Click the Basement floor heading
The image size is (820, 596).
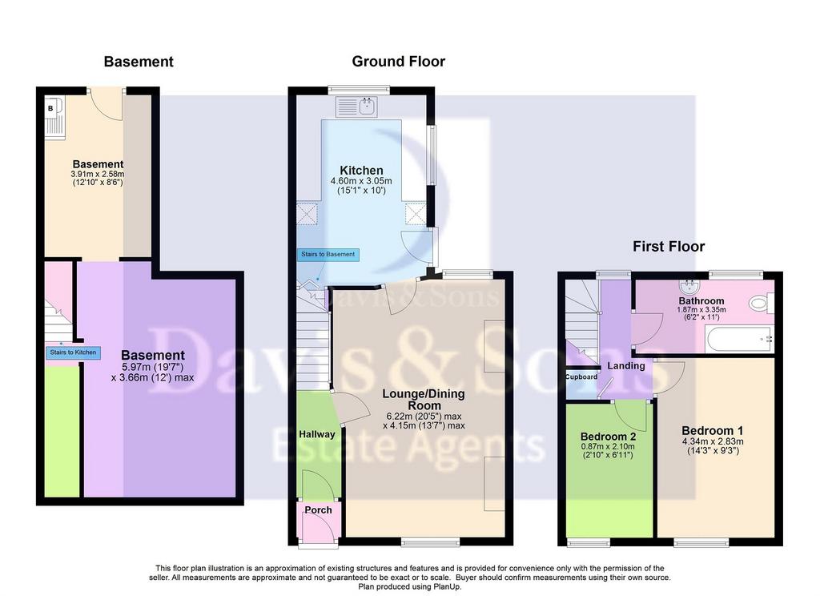[139, 62]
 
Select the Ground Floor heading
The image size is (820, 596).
[399, 62]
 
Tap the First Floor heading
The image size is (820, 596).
[669, 247]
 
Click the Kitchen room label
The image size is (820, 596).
[361, 171]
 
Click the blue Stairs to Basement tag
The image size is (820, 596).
[328, 254]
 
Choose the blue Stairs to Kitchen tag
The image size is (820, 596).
[73, 352]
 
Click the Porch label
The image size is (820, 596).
[318, 510]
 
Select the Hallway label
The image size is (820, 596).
[317, 434]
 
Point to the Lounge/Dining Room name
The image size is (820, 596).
[424, 399]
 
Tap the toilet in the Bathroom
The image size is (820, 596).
[761, 303]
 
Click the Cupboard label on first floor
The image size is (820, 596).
[581, 377]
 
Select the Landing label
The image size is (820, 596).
[626, 366]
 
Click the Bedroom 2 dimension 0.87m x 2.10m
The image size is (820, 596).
[608, 447]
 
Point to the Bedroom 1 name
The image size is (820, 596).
[712, 431]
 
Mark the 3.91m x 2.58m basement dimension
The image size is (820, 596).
[98, 175]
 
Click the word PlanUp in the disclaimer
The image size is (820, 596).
[448, 587]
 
